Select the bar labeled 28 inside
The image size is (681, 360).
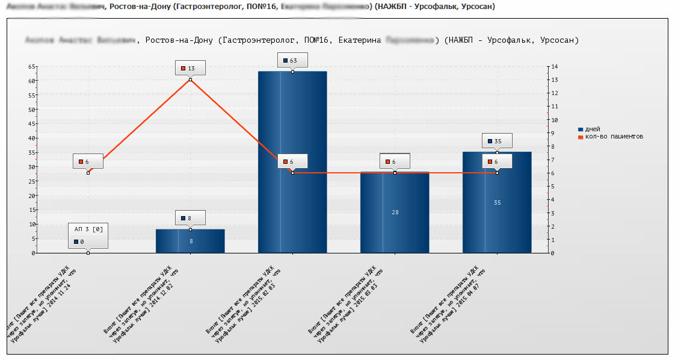395,212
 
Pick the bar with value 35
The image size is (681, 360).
497,202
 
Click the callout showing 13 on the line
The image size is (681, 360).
190,69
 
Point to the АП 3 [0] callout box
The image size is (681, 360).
88,235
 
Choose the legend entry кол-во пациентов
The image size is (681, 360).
614,137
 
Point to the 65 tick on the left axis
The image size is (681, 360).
31,66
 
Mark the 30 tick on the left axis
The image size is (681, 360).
31,167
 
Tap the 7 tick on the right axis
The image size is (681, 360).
553,160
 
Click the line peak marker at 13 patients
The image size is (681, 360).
190,79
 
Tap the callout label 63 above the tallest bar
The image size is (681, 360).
292,60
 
